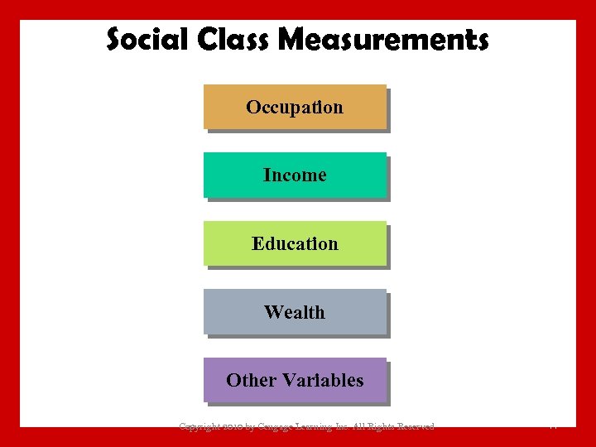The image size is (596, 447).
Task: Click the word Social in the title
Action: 144,39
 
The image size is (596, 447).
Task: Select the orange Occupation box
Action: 295,107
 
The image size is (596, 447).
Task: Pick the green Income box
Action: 295,175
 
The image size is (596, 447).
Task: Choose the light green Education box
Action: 295,243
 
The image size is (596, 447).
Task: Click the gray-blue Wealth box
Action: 295,312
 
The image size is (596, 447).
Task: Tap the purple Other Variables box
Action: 295,380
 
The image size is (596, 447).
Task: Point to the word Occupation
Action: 295,107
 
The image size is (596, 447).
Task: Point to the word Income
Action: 295,175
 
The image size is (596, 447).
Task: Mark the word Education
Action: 295,243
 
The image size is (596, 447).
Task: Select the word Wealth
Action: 295,312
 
